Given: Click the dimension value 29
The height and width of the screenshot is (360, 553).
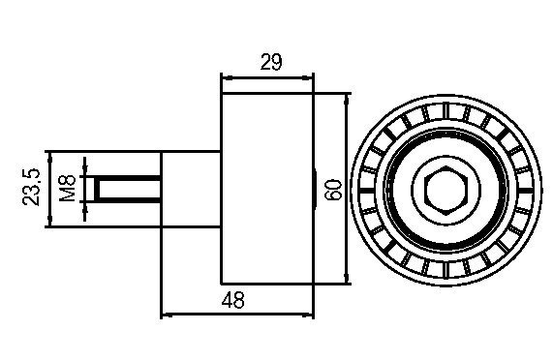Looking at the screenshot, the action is pos(271,62).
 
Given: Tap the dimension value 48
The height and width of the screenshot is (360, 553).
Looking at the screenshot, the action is pos(232,300).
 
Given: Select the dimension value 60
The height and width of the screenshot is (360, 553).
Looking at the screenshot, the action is pos(333,191).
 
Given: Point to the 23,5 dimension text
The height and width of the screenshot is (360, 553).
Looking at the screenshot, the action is pos(31,187).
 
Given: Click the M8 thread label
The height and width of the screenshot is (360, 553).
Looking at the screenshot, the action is pos(68,188).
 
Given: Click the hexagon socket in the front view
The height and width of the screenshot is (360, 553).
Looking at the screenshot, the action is pos(446,191).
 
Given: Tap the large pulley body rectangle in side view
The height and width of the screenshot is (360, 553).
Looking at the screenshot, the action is pos(267,189).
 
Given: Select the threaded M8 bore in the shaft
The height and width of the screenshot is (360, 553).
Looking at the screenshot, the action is pos(128,189).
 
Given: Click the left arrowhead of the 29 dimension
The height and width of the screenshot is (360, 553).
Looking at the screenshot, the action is pos(227,78).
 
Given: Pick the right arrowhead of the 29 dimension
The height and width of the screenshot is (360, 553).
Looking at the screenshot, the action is pos(308,78).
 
